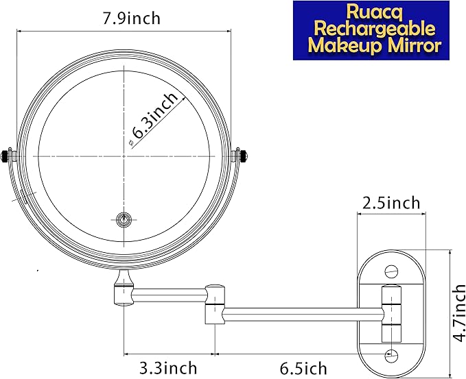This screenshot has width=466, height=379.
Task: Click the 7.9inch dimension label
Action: pos(131,19)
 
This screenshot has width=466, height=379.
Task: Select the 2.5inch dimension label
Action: pos(391,204)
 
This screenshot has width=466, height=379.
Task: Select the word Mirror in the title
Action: pos(413,47)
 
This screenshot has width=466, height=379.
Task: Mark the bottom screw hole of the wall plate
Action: pos(391,354)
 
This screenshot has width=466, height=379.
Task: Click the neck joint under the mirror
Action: pos(124,288)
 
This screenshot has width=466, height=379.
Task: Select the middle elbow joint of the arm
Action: pos(215,303)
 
